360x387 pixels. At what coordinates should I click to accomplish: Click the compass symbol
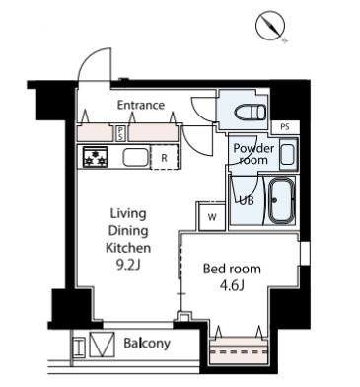[270, 26]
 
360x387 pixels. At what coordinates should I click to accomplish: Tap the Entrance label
[141, 105]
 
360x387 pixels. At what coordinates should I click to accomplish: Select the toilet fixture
[251, 113]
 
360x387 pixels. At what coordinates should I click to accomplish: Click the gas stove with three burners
[96, 157]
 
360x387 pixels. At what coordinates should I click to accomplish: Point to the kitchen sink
[136, 157]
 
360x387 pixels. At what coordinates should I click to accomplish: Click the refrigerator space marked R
[165, 158]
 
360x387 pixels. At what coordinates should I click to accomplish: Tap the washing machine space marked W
[212, 217]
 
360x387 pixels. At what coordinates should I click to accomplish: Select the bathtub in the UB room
[280, 201]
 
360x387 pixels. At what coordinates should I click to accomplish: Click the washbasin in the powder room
[288, 154]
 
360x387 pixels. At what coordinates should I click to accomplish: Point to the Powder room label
[253, 154]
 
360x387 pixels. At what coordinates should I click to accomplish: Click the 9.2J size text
[128, 265]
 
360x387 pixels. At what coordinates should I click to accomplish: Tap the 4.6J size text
[232, 285]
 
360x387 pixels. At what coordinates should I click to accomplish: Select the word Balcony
[147, 344]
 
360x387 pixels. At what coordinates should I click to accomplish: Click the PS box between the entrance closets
[120, 133]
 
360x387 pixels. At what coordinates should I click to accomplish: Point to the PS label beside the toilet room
[285, 127]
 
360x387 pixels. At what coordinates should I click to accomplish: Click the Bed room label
[232, 269]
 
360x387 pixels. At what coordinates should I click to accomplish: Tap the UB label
[247, 200]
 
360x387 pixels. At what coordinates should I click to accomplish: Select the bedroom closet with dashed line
[239, 350]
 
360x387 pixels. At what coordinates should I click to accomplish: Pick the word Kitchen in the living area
[128, 248]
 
